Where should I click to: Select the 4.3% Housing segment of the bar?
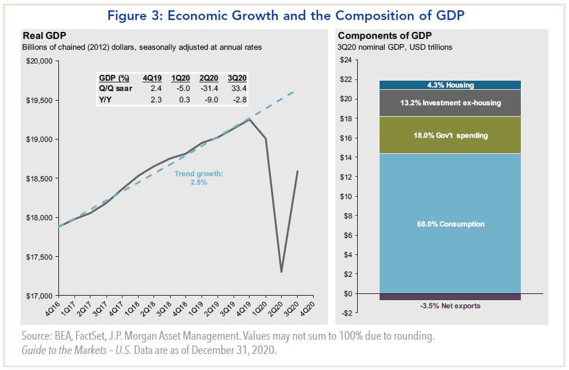[x=450, y=85]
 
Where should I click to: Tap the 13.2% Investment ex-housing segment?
[x=450, y=103]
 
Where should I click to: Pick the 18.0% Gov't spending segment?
[x=450, y=136]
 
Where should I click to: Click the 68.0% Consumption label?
[x=450, y=224]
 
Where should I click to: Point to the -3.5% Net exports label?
[x=450, y=306]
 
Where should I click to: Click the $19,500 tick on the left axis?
[x=39, y=101]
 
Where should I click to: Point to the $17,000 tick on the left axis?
[x=39, y=296]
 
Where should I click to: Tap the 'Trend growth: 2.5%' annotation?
[x=199, y=178]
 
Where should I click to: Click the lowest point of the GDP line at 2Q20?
[x=281, y=272]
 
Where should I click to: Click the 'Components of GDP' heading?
[x=377, y=36]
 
